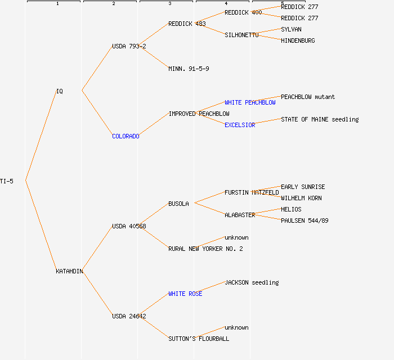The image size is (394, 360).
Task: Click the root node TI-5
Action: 7,181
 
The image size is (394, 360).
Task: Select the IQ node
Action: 60,91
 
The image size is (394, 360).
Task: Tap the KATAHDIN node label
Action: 69,271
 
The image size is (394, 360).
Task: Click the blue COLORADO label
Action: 126,136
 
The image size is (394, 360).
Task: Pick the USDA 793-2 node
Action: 129,46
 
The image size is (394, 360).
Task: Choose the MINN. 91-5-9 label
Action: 189,69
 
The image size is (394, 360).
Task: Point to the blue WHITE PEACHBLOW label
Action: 250,102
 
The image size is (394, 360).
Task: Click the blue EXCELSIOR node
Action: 240,125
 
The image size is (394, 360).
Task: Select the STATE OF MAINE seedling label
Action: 320,119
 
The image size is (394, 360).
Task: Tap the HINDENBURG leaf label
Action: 298,40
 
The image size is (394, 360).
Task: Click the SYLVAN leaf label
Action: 292,29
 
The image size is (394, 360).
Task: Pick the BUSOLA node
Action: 178,204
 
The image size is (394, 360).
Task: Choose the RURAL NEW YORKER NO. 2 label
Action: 205,249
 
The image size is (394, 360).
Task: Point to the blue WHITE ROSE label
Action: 185,294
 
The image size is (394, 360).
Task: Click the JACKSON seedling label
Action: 252,282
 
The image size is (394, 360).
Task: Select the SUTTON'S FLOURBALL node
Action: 199,339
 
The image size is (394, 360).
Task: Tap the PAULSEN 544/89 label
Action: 305,220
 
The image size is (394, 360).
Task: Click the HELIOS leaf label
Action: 291,209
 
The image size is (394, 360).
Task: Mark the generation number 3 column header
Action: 169,4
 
